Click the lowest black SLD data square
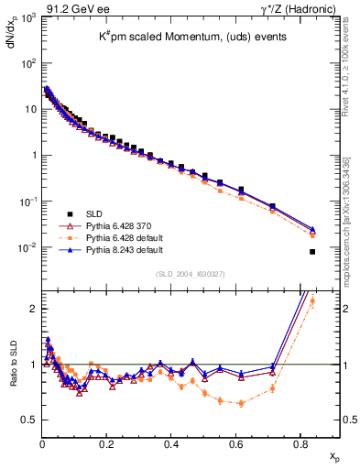(313, 252)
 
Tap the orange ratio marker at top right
(312, 300)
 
